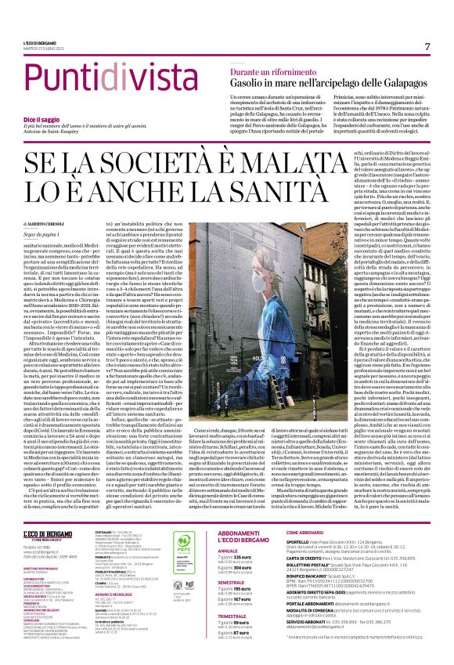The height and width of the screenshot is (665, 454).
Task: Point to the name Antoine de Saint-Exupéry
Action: click(x=52, y=132)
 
